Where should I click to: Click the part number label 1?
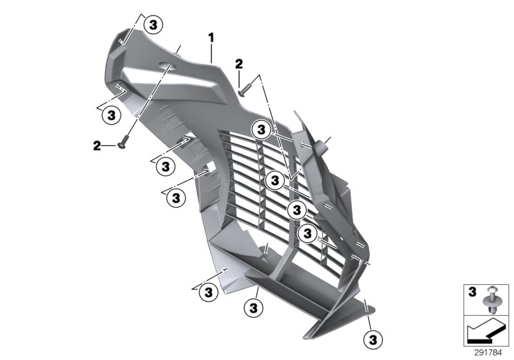pyautogui.click(x=211, y=39)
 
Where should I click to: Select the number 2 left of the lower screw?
pyautogui.click(x=97, y=147)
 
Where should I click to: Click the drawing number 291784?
pyautogui.click(x=488, y=352)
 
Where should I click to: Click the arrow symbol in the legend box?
pyautogui.click(x=485, y=332)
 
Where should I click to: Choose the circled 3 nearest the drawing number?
pyautogui.click(x=372, y=338)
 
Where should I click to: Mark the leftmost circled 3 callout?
pyautogui.click(x=111, y=115)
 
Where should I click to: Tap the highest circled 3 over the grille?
pyautogui.click(x=261, y=129)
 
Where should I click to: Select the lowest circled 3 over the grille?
pyautogui.click(x=308, y=233)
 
